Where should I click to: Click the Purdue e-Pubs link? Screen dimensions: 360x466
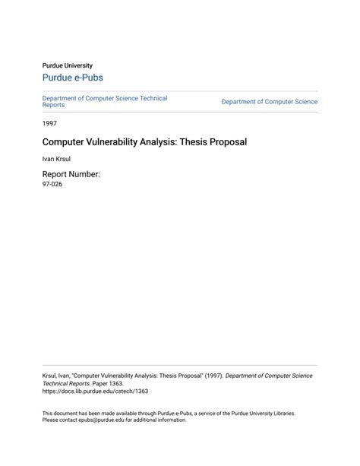pyautogui.click(x=72, y=78)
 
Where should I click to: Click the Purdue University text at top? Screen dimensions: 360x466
pyautogui.click(x=67, y=65)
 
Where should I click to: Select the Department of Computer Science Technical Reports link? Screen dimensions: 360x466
pyautogui.click(x=104, y=101)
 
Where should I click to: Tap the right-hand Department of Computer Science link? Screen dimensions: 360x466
pyautogui.click(x=269, y=102)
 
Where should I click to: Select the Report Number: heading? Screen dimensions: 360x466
pyautogui.click(x=71, y=174)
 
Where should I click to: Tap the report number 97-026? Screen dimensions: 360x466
pyautogui.click(x=52, y=184)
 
